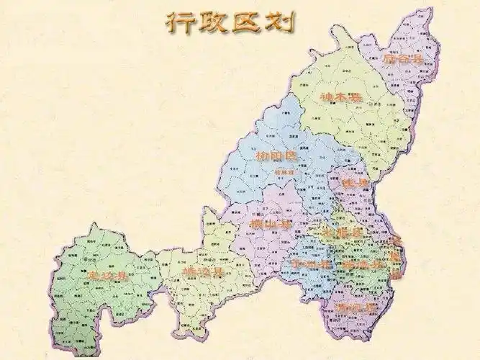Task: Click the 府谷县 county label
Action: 400,61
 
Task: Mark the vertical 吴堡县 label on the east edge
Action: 395,256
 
